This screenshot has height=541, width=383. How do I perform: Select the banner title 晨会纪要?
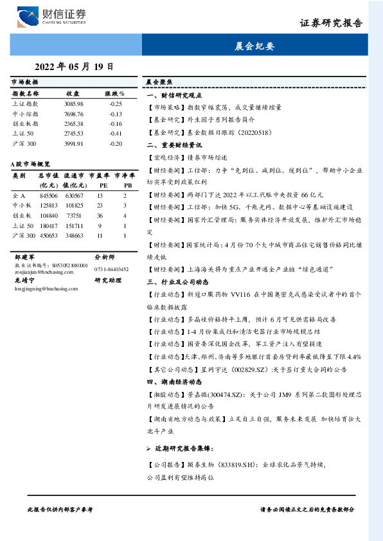tap(255, 46)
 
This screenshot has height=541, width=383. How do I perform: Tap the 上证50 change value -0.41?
tap(115, 133)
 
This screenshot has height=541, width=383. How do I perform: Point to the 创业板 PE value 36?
tap(100, 216)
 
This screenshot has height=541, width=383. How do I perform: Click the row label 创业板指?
tap(25, 123)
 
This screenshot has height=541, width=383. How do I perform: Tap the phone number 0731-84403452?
tap(111, 269)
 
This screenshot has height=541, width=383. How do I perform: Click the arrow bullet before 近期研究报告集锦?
tap(149, 447)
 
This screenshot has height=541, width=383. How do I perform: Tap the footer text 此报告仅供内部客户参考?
tap(61, 509)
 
